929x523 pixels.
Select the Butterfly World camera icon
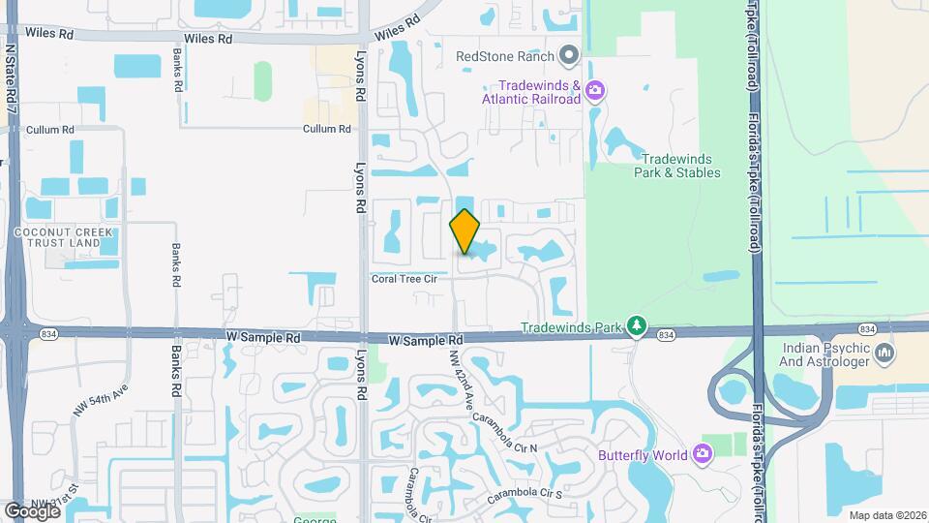tap(703, 453)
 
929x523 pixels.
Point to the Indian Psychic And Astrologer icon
tap(884, 354)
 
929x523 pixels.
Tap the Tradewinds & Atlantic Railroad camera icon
tap(594, 91)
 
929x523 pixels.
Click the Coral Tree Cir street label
tap(405, 279)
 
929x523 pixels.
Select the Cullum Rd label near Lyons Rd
tap(325, 129)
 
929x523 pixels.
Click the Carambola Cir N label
tap(505, 433)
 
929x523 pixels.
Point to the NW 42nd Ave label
tap(457, 379)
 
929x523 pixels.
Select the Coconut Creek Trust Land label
tap(64, 238)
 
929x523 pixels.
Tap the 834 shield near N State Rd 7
tap(47, 334)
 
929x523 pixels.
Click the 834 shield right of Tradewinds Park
tap(665, 334)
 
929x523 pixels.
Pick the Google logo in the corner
tap(32, 510)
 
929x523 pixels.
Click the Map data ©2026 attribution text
tap(887, 515)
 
